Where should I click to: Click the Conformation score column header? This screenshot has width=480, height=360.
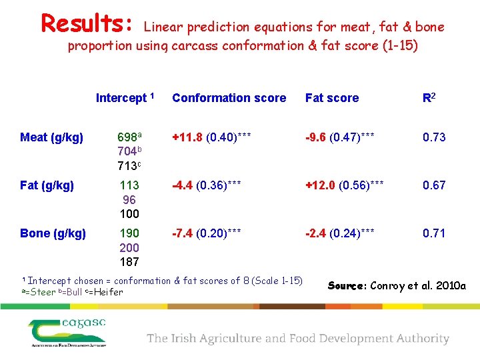pyautogui.click(x=229, y=98)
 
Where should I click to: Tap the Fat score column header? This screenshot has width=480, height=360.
pyautogui.click(x=332, y=98)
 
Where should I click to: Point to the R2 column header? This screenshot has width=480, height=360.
pyautogui.click(x=430, y=98)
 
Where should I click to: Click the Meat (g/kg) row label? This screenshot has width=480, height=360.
pyautogui.click(x=52, y=137)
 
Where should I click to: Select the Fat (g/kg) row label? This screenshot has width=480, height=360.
pyautogui.click(x=47, y=185)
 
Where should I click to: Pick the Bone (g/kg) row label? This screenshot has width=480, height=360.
pyautogui.click(x=53, y=233)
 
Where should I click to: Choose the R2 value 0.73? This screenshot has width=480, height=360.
pyautogui.click(x=434, y=137)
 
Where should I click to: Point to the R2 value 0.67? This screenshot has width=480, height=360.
pyautogui.click(x=434, y=185)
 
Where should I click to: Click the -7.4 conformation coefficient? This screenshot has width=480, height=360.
pyautogui.click(x=183, y=233)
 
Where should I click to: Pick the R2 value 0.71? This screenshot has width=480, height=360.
pyautogui.click(x=434, y=233)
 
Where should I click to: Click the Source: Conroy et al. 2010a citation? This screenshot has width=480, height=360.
pyautogui.click(x=397, y=286)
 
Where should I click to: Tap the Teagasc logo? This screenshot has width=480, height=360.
pyautogui.click(x=67, y=332)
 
